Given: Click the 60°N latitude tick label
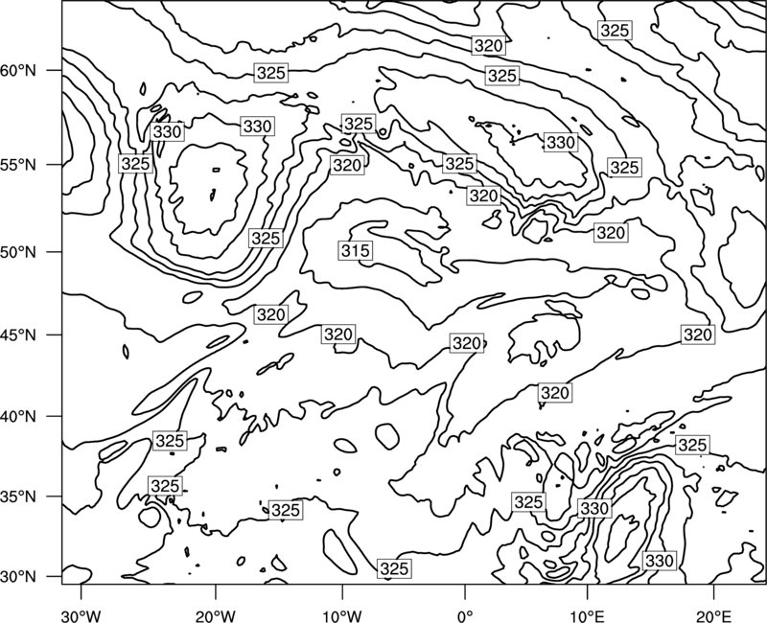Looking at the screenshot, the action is click(x=18, y=71).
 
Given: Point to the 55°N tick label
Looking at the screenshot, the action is click(x=18, y=165).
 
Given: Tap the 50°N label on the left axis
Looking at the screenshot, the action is click(x=18, y=252).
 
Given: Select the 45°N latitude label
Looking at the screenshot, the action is click(x=18, y=335).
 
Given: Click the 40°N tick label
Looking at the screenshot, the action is click(x=18, y=417).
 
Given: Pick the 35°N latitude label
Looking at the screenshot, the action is click(x=18, y=496).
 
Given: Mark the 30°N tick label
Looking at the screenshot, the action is click(x=18, y=577).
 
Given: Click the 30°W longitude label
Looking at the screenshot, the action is click(x=81, y=615).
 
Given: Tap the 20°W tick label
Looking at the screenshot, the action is click(x=215, y=615).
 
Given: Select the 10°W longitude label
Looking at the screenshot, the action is click(x=342, y=615).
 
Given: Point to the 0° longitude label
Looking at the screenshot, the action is click(x=465, y=615).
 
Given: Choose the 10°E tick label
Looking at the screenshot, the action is click(x=587, y=615).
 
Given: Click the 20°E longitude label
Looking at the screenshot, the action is click(x=713, y=615).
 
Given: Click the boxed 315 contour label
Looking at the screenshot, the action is click(x=356, y=251).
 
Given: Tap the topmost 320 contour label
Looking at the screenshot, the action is click(x=488, y=45).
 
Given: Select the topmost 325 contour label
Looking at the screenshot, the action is click(x=615, y=31).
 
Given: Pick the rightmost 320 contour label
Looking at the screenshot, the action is click(x=698, y=335).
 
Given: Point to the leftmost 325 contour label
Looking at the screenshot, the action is click(x=135, y=163).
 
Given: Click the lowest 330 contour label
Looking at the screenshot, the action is click(x=660, y=561).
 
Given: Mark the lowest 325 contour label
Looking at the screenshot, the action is click(x=394, y=568).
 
